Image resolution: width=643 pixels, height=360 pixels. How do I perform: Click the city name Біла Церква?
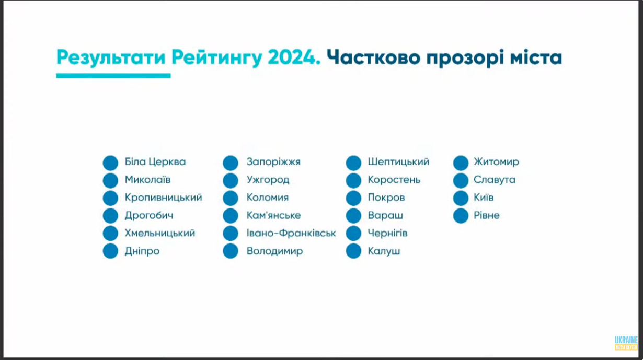(x=155, y=162)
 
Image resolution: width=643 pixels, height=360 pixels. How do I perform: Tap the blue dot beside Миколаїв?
(x=110, y=180)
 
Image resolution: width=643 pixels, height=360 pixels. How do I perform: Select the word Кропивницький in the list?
(x=163, y=198)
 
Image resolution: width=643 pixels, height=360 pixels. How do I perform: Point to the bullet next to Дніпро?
(x=110, y=251)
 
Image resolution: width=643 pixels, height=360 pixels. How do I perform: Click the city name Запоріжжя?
(x=273, y=162)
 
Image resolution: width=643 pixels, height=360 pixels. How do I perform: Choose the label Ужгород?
(x=268, y=180)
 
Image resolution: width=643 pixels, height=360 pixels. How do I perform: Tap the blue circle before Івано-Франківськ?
(x=231, y=233)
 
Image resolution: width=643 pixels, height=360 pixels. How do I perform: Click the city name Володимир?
(x=274, y=251)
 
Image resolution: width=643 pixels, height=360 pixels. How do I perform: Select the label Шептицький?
(x=398, y=162)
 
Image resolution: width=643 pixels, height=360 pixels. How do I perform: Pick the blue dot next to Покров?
(x=353, y=198)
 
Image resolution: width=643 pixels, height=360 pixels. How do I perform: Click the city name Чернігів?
(x=387, y=233)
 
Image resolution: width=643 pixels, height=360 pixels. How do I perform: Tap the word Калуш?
(x=384, y=251)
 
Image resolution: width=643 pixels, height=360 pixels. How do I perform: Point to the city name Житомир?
(x=496, y=162)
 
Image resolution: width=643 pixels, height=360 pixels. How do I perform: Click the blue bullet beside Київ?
(x=461, y=198)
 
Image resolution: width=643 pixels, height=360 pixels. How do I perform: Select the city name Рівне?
(x=487, y=215)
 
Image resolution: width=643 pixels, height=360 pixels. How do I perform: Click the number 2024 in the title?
(x=294, y=57)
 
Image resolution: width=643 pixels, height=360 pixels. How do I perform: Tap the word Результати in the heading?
(x=111, y=58)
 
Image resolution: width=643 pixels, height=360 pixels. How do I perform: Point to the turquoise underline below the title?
(x=113, y=76)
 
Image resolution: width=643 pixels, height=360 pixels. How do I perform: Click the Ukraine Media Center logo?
(x=626, y=343)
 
